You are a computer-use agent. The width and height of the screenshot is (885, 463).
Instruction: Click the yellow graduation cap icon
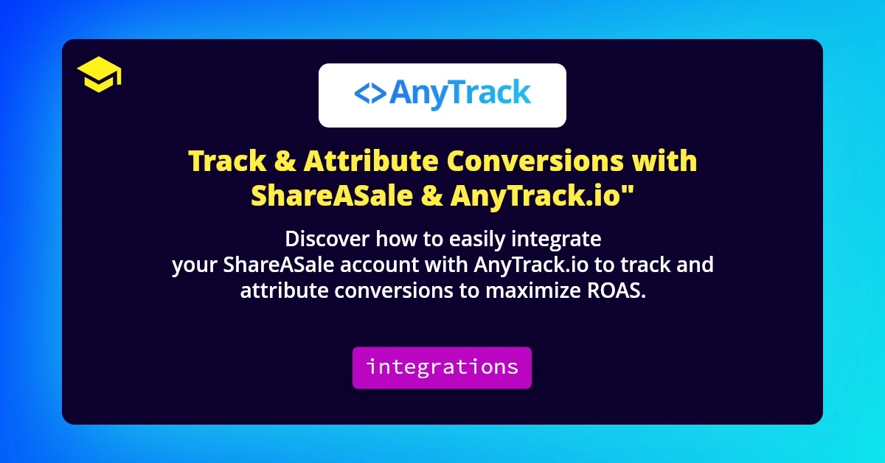tap(99, 76)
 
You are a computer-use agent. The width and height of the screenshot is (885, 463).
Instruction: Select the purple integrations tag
tap(442, 367)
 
